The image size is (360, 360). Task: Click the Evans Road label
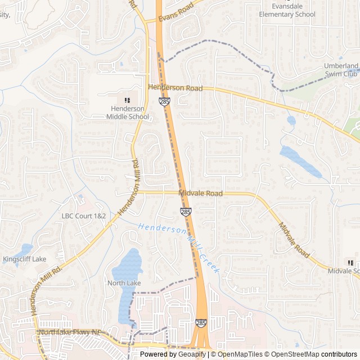point(175,11)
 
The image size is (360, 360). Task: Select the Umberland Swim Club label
point(340,70)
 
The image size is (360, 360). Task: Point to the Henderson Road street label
point(175,88)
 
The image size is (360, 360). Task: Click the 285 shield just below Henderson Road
point(164,101)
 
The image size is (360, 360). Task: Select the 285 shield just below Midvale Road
point(185,211)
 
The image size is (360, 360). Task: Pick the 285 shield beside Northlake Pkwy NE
point(201,323)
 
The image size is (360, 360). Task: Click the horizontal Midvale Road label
point(200,193)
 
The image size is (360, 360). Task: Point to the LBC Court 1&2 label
point(83,216)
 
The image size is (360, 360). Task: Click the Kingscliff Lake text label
point(25,259)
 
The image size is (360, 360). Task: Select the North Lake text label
point(124,283)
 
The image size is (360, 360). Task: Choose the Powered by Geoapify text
point(173,354)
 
